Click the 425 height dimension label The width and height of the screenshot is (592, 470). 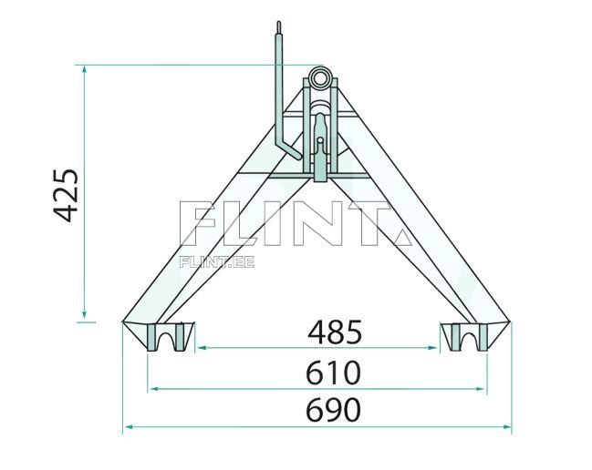click(66, 196)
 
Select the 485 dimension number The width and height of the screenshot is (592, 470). click(335, 332)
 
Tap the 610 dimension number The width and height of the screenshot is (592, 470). click(333, 373)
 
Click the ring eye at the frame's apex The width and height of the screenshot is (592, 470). click(320, 78)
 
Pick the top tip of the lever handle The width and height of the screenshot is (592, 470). click(278, 23)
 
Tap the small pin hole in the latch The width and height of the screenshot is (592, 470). click(320, 140)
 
